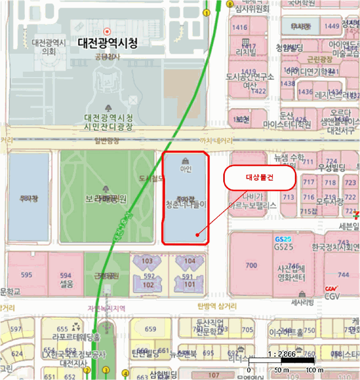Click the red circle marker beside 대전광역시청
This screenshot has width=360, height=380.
(108, 31)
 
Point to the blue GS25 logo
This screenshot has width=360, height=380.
(283, 239)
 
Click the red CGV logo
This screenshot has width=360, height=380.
(331, 289)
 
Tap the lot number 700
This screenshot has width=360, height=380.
(251, 265)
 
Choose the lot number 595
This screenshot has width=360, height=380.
(27, 275)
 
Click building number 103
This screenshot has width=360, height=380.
(147, 261)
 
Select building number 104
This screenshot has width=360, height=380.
(190, 261)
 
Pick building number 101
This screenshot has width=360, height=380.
(190, 284)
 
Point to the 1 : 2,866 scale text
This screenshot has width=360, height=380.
(281, 353)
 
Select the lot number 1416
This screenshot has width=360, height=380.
(239, 27)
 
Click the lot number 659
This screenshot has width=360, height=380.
(150, 329)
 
